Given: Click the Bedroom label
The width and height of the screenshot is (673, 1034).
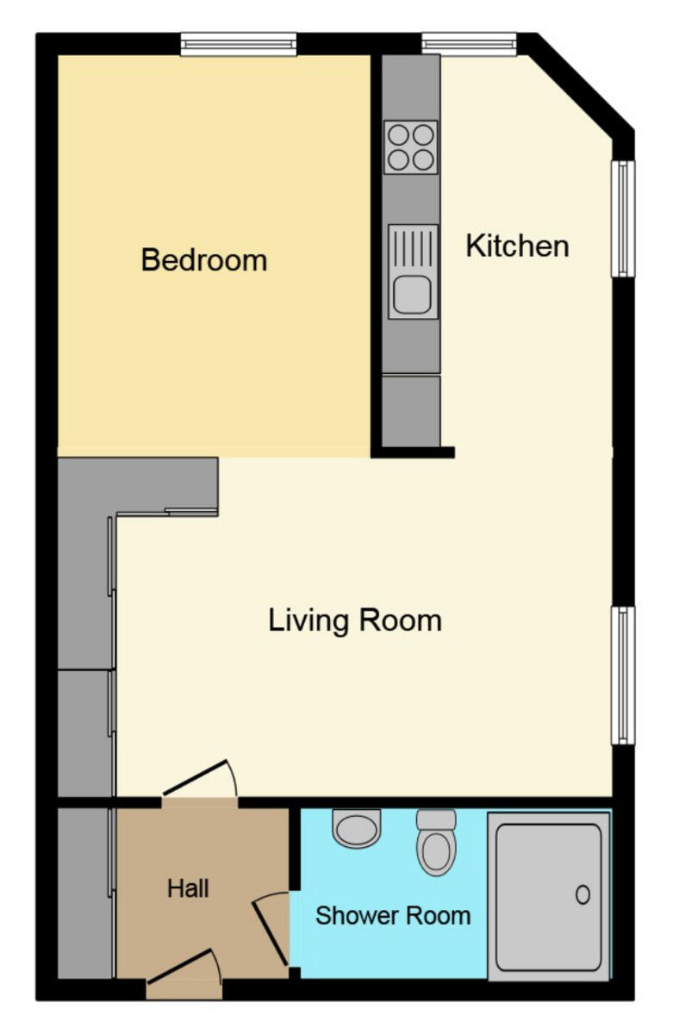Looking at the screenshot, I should coord(204,259).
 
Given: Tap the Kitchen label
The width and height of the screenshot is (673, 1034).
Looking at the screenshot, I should coord(517,246).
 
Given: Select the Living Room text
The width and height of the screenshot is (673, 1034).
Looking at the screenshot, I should coord(355,620).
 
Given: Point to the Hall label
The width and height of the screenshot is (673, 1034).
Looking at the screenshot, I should coord(188,888).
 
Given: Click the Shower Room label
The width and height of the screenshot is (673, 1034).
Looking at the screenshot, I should coord(393,915).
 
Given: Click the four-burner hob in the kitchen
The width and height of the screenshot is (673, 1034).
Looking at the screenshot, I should coord(410,147).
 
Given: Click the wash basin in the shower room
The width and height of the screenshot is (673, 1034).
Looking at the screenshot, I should coord(356,829).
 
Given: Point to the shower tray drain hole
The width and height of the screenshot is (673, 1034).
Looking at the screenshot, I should coord(583,894).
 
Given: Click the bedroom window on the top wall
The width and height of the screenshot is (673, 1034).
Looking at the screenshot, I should coord(239,44).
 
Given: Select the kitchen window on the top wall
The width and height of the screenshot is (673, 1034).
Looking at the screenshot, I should coord(469,44).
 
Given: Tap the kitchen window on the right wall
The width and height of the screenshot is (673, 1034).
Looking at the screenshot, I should coord(623,219).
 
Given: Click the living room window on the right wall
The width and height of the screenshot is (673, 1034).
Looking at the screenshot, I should coord(623,675).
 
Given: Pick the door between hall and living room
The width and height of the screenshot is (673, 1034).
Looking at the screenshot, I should coord(199,780).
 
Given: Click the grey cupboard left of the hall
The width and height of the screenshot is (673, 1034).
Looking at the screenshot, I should coord(84,892).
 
